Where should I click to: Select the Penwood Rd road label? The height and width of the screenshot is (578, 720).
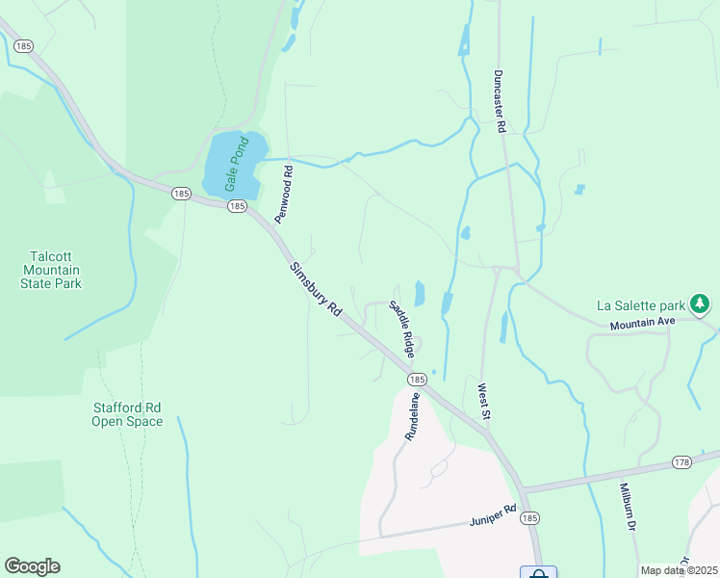[x=284, y=195]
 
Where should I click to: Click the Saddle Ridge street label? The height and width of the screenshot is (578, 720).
[x=402, y=326]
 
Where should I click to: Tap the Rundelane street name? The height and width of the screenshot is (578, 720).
[x=412, y=416]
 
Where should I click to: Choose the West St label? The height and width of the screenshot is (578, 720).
[x=484, y=402]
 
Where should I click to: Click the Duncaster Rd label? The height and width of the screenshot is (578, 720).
[x=501, y=98]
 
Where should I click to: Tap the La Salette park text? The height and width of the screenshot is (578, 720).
[x=641, y=305]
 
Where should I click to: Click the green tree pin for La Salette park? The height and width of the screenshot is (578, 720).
[x=701, y=305]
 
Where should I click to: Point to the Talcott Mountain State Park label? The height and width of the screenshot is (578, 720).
[x=54, y=270]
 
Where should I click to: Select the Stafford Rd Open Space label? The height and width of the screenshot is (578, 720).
[x=127, y=414]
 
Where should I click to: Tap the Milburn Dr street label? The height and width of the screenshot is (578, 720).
[x=629, y=509]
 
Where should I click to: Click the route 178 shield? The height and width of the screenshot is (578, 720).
[x=682, y=461]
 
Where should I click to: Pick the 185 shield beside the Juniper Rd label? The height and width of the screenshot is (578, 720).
[x=529, y=518]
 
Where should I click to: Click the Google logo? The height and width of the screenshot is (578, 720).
[x=32, y=566]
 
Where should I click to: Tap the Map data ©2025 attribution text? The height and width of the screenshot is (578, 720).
[x=678, y=570]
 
